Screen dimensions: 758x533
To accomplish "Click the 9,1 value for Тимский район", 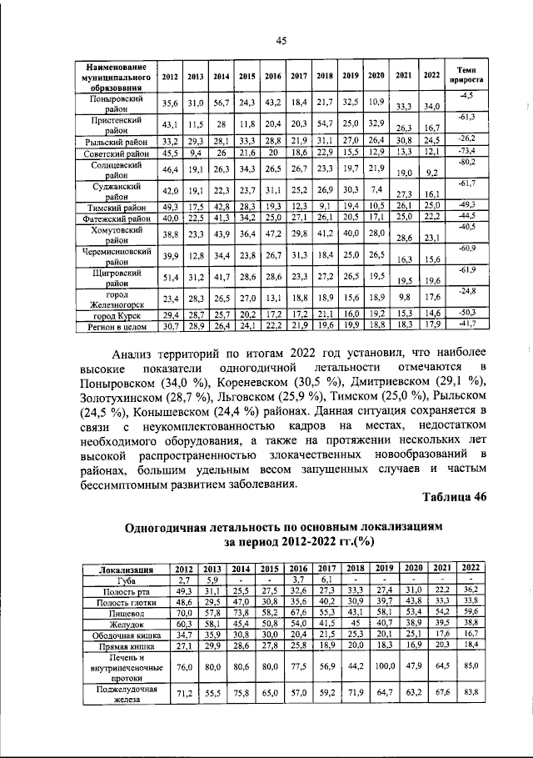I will pos(324,206).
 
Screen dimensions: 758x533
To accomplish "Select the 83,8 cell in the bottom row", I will pos(471,693).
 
